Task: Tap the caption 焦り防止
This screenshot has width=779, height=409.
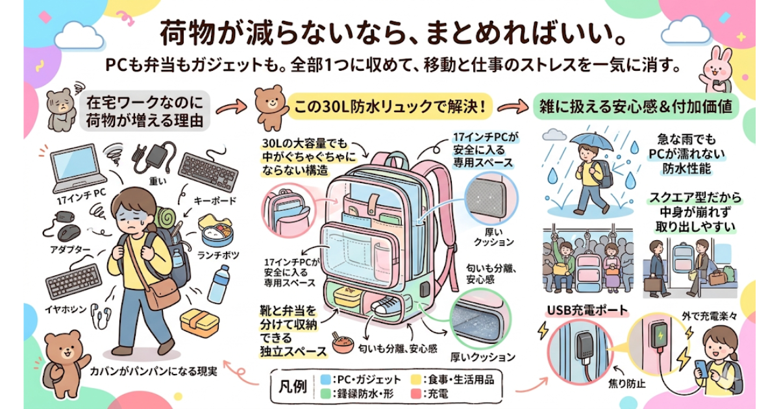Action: tap(626, 384)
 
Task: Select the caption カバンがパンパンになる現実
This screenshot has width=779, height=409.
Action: tap(153, 373)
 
